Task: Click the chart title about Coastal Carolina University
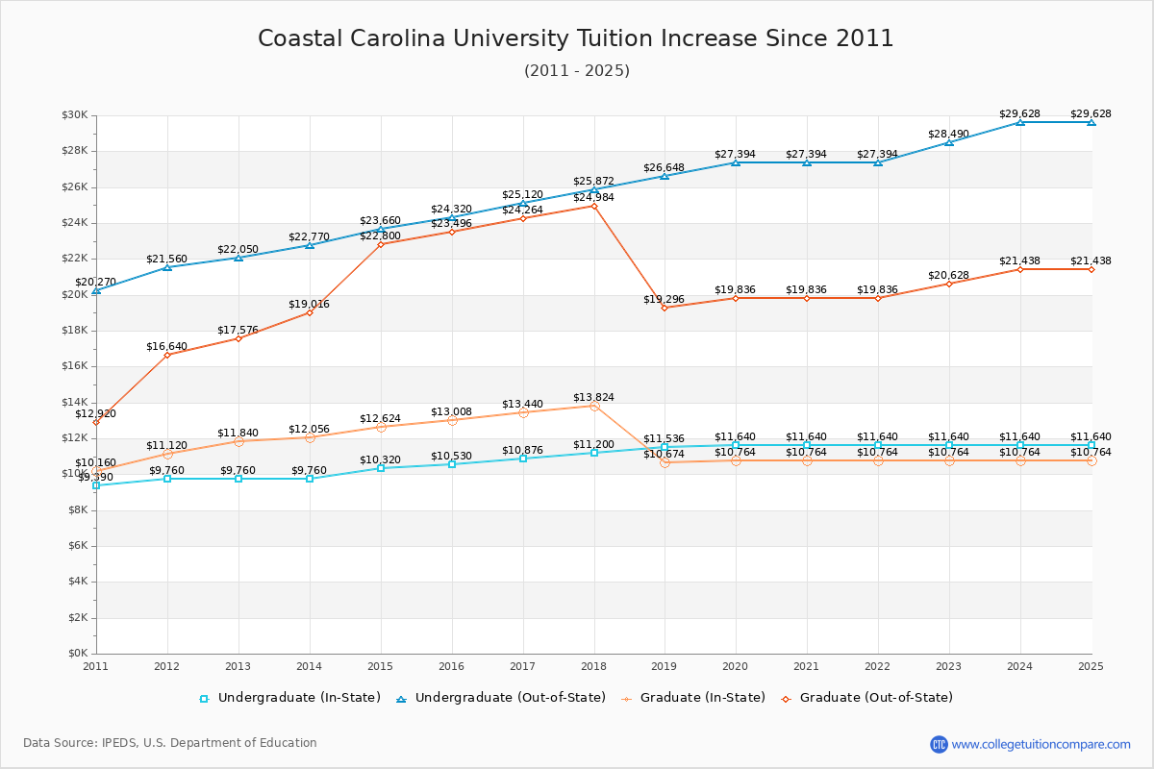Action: point(576,38)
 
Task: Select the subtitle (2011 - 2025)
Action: point(576,70)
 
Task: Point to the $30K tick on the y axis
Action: point(75,115)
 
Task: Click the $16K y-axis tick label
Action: point(75,366)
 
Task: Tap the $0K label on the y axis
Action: point(77,654)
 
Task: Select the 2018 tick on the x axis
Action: point(593,665)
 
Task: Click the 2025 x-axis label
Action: point(1091,665)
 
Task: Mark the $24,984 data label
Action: point(593,197)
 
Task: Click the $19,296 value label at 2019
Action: point(664,299)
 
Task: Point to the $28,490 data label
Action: point(948,134)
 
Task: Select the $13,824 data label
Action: point(593,397)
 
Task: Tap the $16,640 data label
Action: point(166,346)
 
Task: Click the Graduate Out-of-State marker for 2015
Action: point(381,244)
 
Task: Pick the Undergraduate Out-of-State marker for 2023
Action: point(949,142)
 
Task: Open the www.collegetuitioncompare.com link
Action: point(1041,744)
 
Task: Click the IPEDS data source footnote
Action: point(170,743)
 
